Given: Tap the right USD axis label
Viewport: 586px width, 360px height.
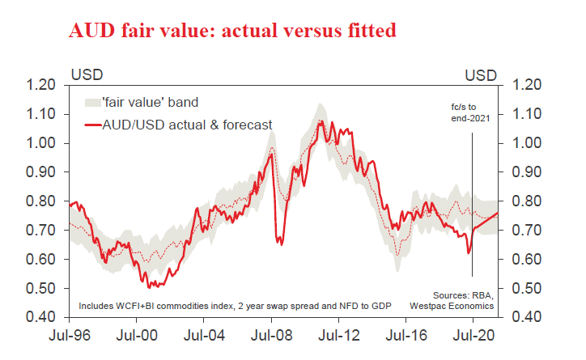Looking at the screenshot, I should click(481, 74).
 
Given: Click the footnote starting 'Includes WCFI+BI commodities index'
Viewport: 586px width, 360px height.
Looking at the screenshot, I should click(217, 307).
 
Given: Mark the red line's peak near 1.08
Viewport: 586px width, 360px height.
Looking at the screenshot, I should click(321, 121).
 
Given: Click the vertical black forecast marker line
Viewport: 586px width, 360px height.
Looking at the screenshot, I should click(473, 202).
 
